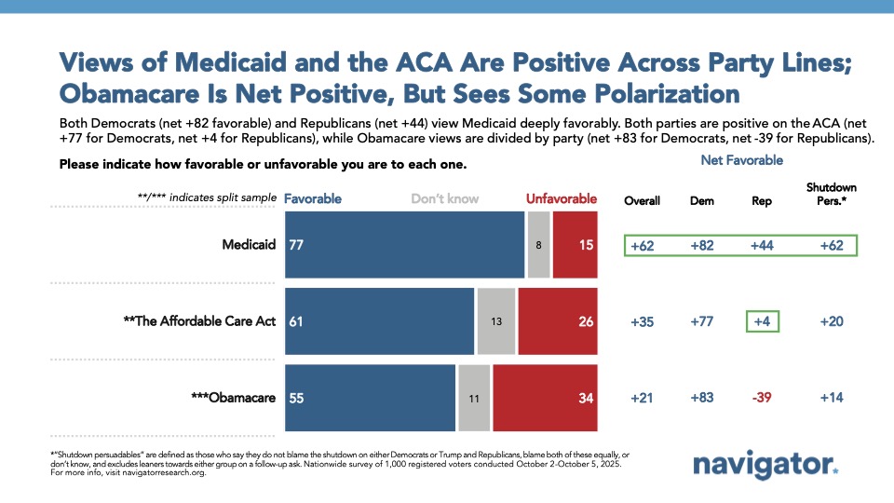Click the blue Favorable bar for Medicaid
click(404, 245)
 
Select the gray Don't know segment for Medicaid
click(538, 245)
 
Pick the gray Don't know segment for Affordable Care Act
click(496, 321)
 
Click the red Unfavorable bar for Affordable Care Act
click(558, 321)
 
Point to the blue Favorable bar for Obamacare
click(370, 398)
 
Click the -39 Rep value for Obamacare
click(760, 399)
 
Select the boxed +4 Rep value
click(760, 322)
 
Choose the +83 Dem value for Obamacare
click(701, 399)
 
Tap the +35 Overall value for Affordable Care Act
click(643, 322)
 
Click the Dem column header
click(701, 200)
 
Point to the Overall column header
click(643, 200)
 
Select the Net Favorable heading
click(742, 160)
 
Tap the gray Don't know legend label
click(446, 198)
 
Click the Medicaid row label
click(248, 245)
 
